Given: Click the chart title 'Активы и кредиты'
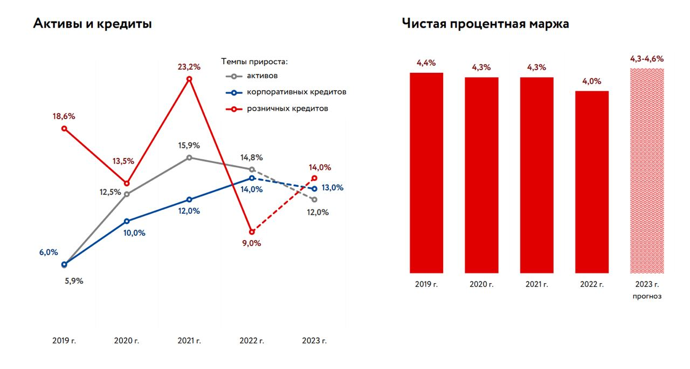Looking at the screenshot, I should point(93,24).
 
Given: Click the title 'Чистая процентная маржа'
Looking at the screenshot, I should point(485,24).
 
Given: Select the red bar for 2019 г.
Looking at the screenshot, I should point(426,173).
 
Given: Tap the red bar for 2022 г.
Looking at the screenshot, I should point(591,182).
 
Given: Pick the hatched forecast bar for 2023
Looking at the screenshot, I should point(647,170).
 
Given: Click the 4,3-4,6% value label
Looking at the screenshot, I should point(647,59).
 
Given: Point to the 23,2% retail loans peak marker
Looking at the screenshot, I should point(189,79).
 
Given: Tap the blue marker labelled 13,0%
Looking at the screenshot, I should point(315,189).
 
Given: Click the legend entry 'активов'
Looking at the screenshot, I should point(262,76).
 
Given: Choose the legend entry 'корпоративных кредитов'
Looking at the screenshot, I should point(296,92).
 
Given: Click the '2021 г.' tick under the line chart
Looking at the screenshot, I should point(189,341).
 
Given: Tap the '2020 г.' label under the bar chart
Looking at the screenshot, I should point(481,284).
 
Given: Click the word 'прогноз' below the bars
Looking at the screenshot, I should point(647,296).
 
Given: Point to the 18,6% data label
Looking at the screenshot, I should point(64,116).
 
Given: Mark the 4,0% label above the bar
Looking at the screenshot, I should point(591,81).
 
